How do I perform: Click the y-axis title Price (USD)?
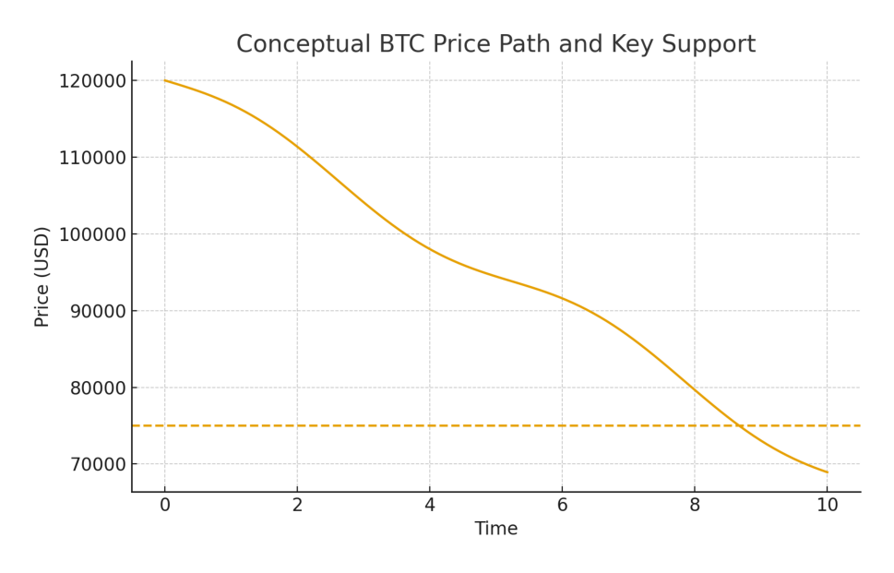point(42,276)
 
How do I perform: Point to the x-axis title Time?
point(496,529)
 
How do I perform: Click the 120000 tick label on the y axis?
point(91,80)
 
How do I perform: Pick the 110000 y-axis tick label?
point(91,157)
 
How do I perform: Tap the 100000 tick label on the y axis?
point(91,233)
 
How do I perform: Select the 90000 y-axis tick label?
point(96,311)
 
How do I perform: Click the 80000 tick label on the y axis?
point(96,388)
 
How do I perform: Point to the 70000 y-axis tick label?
point(96,464)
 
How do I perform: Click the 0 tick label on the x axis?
point(165,505)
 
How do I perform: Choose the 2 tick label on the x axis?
point(297,505)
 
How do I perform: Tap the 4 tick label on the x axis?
point(430,505)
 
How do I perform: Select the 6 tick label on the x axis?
point(562,505)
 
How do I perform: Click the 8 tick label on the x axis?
point(695,505)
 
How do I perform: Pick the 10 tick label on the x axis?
point(827,505)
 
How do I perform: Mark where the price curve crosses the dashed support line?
point(738,425)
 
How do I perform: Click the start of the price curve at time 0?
point(165,80)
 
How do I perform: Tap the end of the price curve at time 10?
point(827,472)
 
